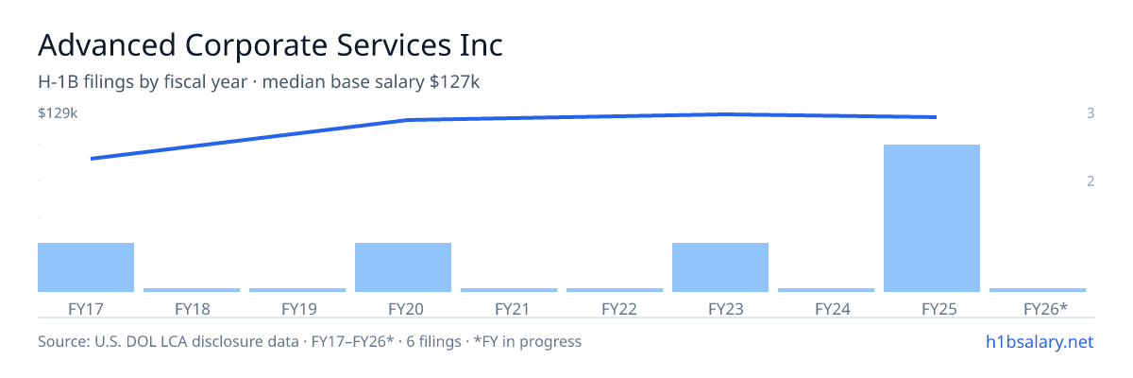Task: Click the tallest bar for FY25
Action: (932, 218)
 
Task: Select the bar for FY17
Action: (86, 267)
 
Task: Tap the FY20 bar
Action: (403, 267)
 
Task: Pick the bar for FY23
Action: (720, 267)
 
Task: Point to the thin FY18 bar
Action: (192, 290)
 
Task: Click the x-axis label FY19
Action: (299, 309)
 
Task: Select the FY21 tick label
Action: (512, 309)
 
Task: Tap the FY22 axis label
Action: (619, 309)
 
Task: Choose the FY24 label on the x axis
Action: (833, 309)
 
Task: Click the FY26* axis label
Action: (1045, 309)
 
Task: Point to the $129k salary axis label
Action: (58, 113)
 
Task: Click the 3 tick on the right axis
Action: (1091, 113)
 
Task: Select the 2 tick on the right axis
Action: (1091, 181)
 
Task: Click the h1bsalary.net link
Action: (1040, 342)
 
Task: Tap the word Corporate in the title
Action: (257, 45)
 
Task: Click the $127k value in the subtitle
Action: (454, 82)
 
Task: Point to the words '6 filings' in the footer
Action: (433, 342)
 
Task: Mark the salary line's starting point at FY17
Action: (92, 159)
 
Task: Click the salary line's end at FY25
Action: (936, 117)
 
